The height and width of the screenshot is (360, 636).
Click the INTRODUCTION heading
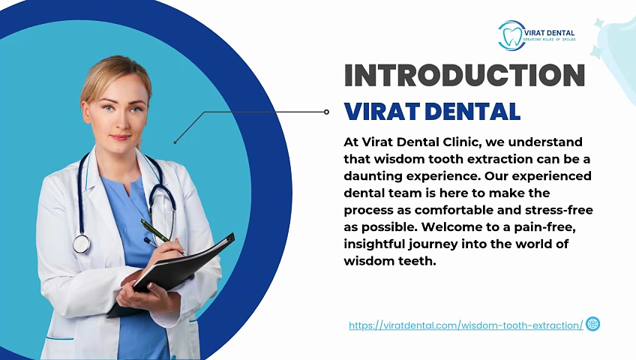(464, 76)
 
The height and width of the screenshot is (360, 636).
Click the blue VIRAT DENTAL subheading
(432, 112)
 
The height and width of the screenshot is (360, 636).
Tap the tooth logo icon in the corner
(511, 35)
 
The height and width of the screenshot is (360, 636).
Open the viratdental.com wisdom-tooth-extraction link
(466, 325)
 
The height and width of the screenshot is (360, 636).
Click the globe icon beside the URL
(592, 324)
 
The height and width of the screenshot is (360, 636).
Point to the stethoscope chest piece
(81, 243)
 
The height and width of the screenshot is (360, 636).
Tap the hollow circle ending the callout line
(326, 112)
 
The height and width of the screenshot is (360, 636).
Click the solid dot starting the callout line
(175, 142)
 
